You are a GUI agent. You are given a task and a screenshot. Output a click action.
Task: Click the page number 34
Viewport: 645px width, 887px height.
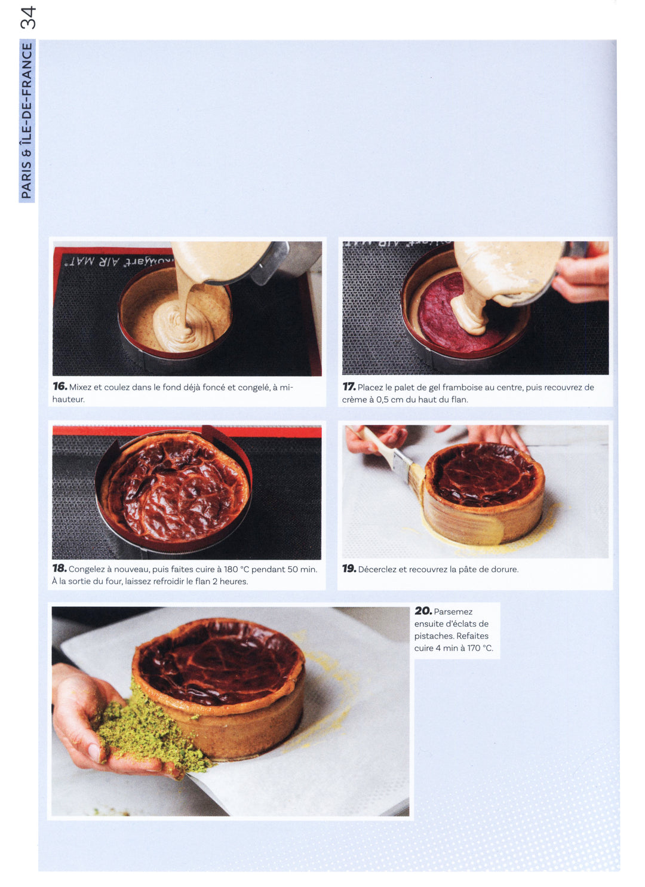pyautogui.click(x=27, y=18)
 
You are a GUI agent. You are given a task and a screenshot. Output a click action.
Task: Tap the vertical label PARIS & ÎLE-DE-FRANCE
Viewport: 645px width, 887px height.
pyautogui.click(x=26, y=121)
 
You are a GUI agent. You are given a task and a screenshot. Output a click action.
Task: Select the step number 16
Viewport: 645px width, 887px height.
pyautogui.click(x=60, y=386)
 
